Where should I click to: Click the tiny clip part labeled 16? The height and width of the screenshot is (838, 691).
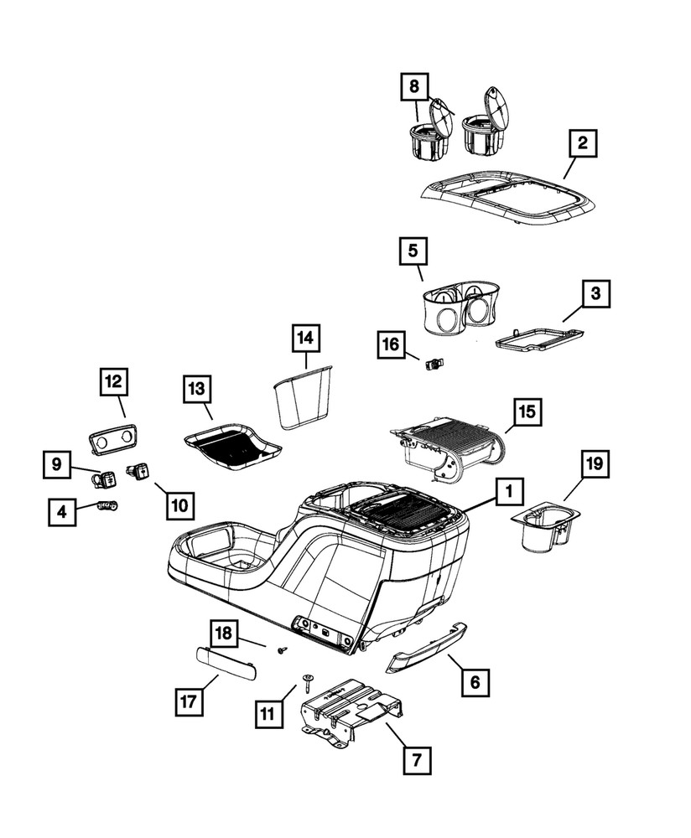(x=433, y=364)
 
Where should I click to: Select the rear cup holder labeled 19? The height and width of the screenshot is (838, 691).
(x=543, y=528)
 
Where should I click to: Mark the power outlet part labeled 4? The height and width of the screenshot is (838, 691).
(x=107, y=504)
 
